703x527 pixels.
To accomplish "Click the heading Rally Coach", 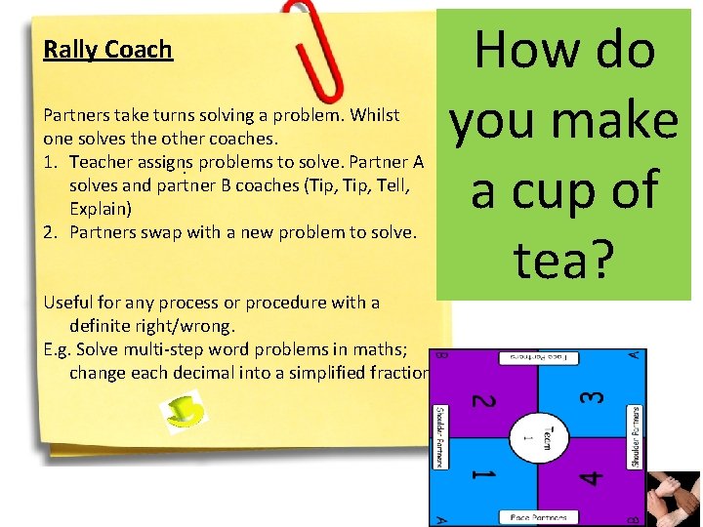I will click(x=107, y=50).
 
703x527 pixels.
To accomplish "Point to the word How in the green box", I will click(x=520, y=49).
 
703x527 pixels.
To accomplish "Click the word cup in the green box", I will click(x=564, y=189).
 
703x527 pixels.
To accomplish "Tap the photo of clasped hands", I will click(x=674, y=499).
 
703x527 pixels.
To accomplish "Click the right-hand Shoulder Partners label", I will click(x=636, y=436).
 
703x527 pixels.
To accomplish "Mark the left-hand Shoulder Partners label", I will click(x=439, y=436).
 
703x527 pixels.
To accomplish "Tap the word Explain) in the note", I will click(x=101, y=209).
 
